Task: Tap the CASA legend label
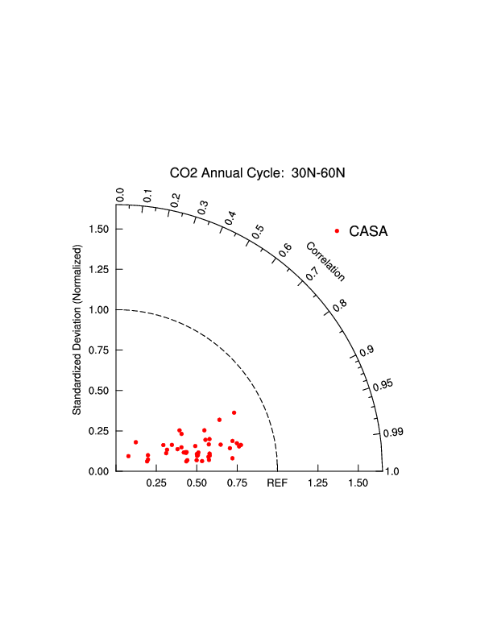point(369,231)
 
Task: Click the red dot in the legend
point(337,231)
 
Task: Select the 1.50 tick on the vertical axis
point(101,229)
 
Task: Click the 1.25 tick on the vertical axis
point(101,269)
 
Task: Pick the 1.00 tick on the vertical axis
point(101,309)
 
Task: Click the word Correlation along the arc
point(325,261)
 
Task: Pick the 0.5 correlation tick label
point(258,230)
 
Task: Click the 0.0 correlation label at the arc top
point(121,195)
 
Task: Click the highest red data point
point(234,412)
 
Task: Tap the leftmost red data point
point(128,456)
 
